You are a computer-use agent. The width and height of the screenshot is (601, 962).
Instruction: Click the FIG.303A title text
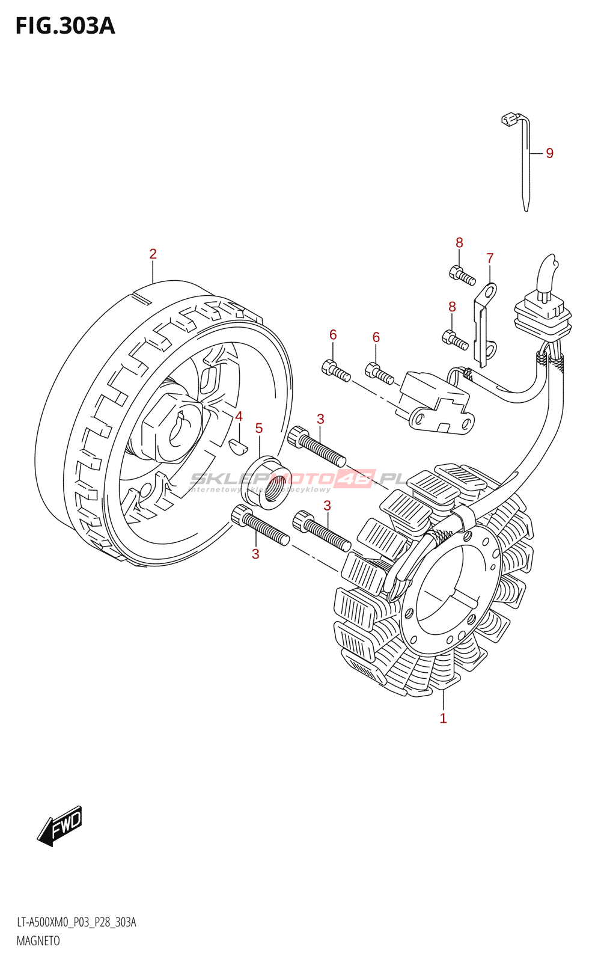(x=65, y=26)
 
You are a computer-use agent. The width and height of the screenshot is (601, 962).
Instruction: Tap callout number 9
(x=549, y=153)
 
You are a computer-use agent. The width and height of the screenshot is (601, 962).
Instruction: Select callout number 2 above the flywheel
(x=153, y=254)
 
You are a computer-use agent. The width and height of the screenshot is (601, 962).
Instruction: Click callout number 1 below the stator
(x=443, y=718)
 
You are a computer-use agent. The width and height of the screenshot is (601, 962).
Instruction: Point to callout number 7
(x=490, y=259)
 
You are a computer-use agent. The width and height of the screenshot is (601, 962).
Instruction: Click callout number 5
(x=259, y=428)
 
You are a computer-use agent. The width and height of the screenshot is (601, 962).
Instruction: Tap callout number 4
(x=239, y=417)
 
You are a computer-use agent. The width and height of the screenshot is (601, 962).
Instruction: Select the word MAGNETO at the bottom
(x=38, y=941)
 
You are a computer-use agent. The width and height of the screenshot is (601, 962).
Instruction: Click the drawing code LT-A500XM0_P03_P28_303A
(x=76, y=922)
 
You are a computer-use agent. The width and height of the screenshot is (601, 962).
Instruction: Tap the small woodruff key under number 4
(x=238, y=446)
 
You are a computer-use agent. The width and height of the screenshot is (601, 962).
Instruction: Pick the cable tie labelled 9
(x=525, y=162)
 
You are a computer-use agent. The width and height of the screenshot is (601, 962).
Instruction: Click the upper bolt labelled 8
(x=462, y=275)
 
